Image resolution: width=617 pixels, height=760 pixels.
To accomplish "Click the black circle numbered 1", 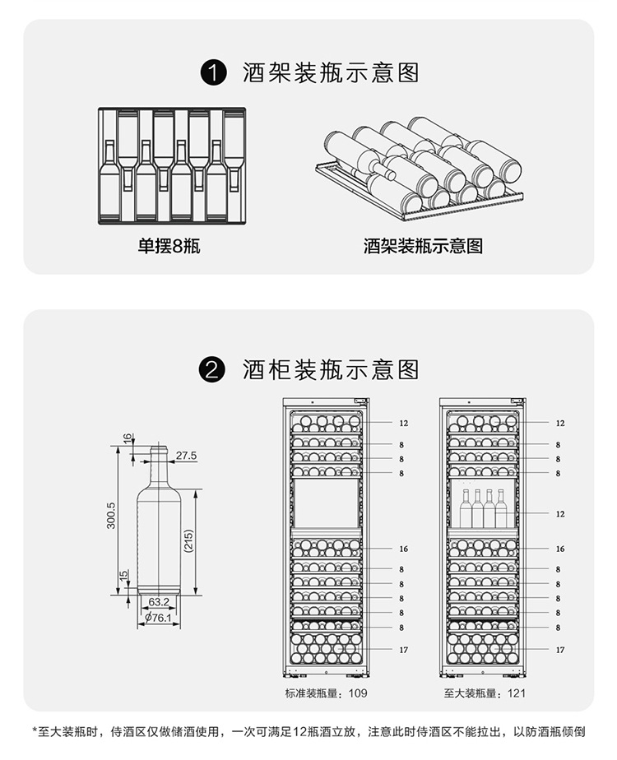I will click(x=213, y=72).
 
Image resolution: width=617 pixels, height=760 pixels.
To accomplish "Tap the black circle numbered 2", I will click(x=213, y=368).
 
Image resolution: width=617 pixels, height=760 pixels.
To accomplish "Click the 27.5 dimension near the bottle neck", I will click(x=187, y=455).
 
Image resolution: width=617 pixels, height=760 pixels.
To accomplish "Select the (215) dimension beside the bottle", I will click(x=188, y=541).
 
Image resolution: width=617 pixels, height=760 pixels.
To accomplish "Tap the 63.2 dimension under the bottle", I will click(x=159, y=601).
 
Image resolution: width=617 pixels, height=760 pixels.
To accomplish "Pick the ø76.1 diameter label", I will click(x=158, y=617).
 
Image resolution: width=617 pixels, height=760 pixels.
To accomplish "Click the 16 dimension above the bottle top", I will click(x=128, y=438).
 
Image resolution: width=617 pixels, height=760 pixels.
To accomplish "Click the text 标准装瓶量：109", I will click(x=327, y=693).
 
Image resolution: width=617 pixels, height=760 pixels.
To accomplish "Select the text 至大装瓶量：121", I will click(x=485, y=693).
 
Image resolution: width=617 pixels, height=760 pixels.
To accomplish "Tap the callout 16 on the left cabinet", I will click(x=402, y=549).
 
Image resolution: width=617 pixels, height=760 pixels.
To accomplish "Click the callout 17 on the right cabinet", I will click(x=560, y=650).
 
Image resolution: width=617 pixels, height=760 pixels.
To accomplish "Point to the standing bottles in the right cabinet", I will click(x=484, y=508).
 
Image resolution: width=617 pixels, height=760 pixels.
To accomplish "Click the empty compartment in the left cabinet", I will click(x=327, y=504).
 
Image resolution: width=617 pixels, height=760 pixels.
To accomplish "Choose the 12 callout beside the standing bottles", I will click(x=560, y=513).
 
